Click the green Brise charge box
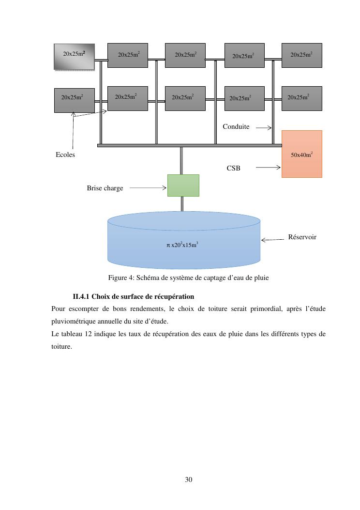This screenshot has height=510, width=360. click(x=183, y=185)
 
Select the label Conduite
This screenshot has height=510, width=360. click(x=236, y=127)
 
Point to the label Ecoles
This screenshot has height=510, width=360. click(x=65, y=155)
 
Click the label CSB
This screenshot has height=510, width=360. click(x=233, y=168)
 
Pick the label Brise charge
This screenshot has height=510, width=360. click(x=105, y=188)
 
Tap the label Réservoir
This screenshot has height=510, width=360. click(x=302, y=237)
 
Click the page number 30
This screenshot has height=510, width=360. click(x=189, y=479)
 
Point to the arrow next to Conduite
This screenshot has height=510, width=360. click(x=263, y=128)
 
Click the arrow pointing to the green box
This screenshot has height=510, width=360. click(x=148, y=188)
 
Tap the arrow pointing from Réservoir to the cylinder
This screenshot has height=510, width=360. click(x=273, y=239)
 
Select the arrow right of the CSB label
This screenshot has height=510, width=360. click(x=268, y=168)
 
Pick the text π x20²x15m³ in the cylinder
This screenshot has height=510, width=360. click(x=182, y=245)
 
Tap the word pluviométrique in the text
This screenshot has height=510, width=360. click(x=75, y=321)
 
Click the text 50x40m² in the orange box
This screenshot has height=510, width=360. click(x=301, y=155)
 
